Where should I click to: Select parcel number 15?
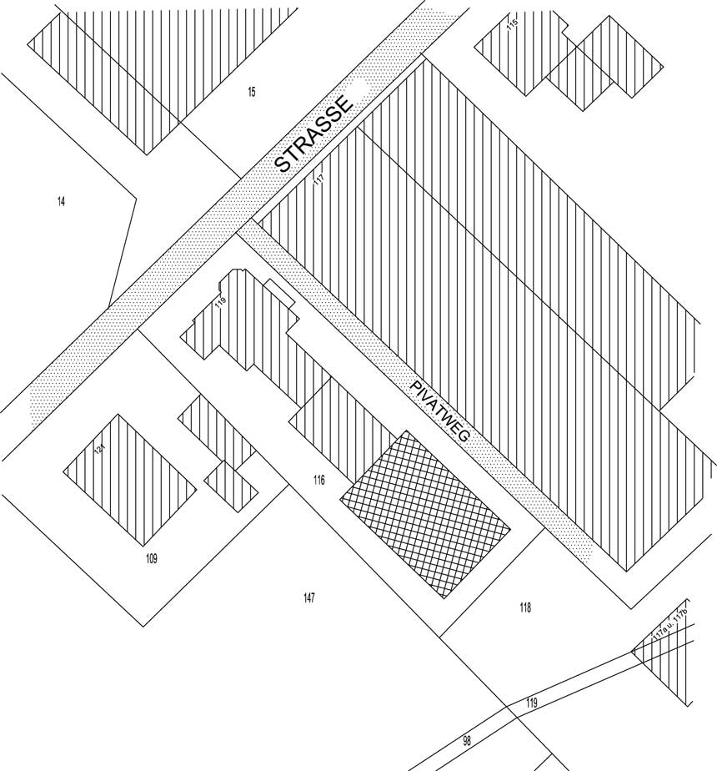coord(251,92)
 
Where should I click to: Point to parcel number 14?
coord(61,201)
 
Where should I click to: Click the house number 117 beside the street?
coord(318,179)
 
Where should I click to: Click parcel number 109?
coord(151,558)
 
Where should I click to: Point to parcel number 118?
coord(524,607)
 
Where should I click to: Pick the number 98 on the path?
coord(467,740)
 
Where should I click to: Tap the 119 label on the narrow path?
coord(531,703)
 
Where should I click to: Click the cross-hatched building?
coord(426,513)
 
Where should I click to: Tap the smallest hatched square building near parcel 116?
coord(231,486)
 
